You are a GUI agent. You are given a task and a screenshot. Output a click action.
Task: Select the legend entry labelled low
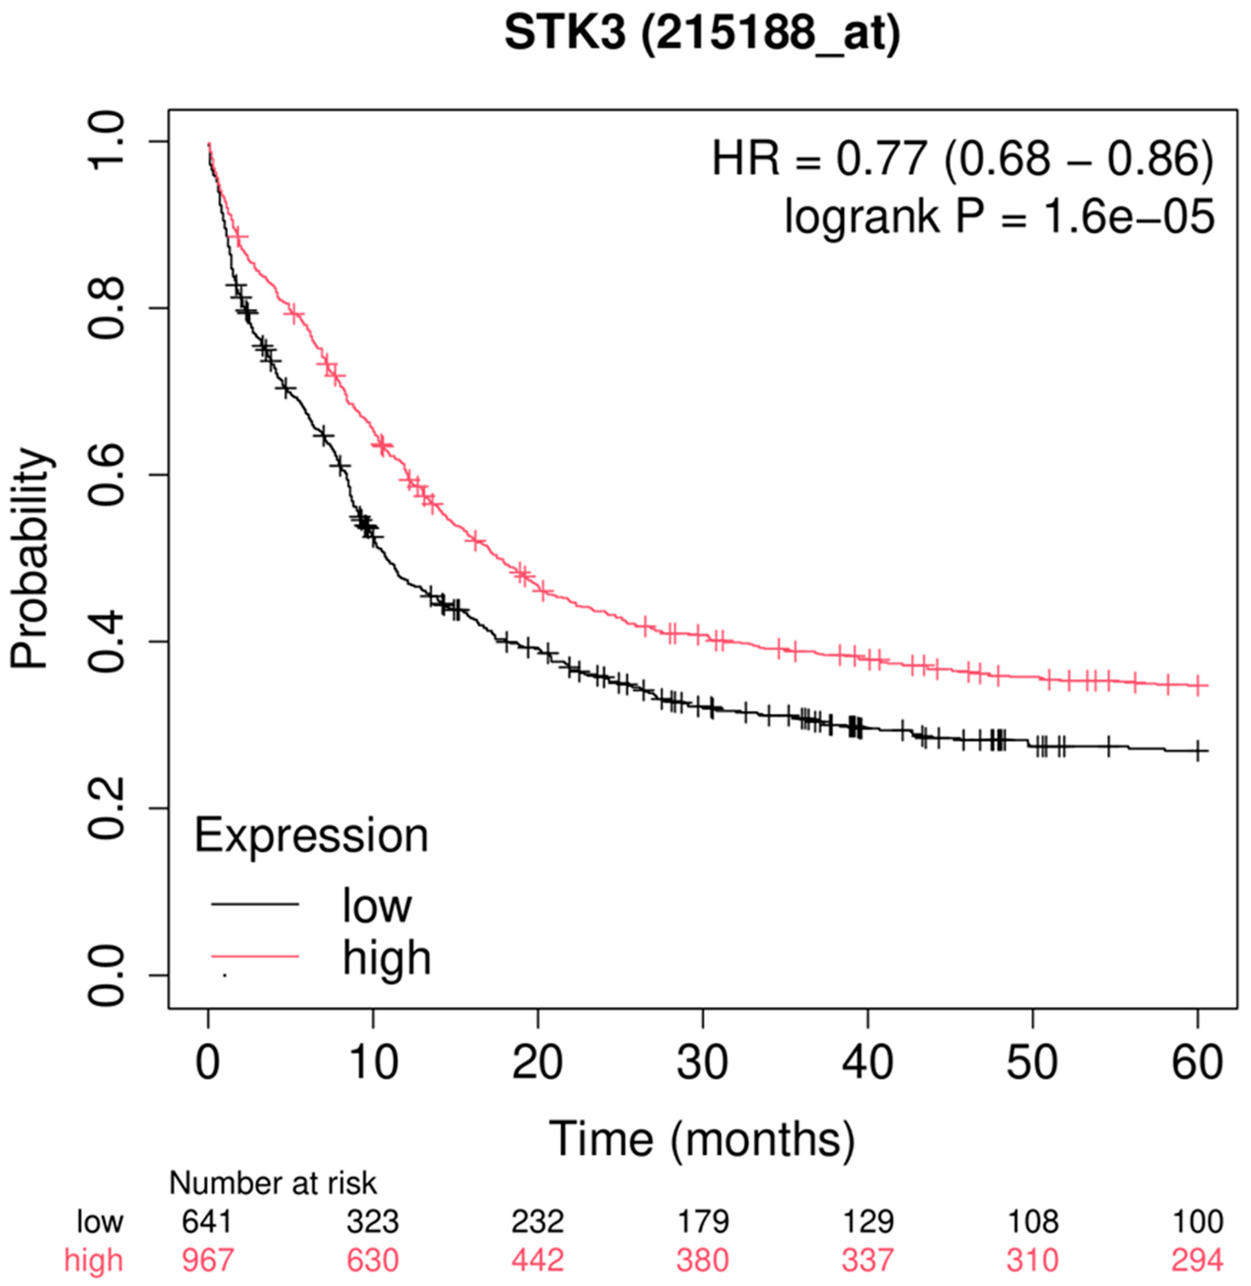[376, 905]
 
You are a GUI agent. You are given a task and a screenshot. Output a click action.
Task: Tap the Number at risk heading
[273, 1183]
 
